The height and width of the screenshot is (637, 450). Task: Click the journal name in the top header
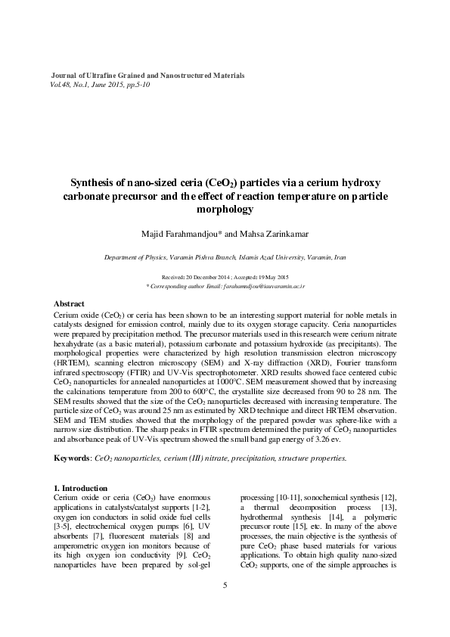(147, 76)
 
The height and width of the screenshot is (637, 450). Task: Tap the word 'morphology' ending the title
(225, 208)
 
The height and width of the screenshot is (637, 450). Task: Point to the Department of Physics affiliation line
(225, 258)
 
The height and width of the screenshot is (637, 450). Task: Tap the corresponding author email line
(225, 287)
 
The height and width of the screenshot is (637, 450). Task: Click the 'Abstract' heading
(70, 303)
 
